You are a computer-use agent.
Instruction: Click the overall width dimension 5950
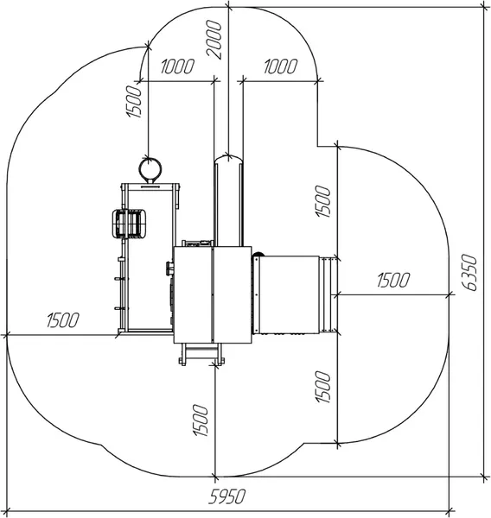pos(227,496)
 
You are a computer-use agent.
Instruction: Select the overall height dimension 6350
pos(469,273)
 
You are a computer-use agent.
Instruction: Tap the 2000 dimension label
pos(214,40)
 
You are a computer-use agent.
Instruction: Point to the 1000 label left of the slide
pos(177,66)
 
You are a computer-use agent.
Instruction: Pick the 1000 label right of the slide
pos(281,66)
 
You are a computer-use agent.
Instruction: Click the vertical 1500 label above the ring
pos(134,101)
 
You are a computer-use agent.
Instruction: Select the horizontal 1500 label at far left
pos(63,319)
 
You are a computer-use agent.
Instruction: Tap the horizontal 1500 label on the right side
pos(393,280)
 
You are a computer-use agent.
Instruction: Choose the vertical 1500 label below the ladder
pos(201,420)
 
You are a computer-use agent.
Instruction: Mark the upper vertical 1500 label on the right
pos(323,201)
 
